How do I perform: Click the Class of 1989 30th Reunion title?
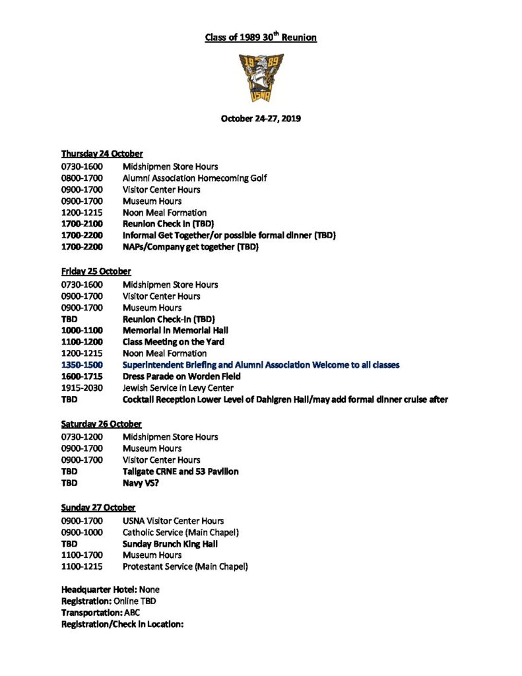coord(261,38)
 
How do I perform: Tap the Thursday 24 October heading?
coord(102,154)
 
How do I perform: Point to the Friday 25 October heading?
coord(96,271)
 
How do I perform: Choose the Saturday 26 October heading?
coord(102,424)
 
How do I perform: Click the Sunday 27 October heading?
coord(98,508)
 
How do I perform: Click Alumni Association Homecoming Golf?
coord(195,178)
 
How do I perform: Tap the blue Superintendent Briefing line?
coord(261,364)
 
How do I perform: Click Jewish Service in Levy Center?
coord(178,388)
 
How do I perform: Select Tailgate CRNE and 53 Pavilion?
coord(180,471)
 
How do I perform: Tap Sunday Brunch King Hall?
coord(170,544)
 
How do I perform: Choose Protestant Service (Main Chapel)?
coord(185,566)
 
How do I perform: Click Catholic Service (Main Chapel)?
coord(180,532)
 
